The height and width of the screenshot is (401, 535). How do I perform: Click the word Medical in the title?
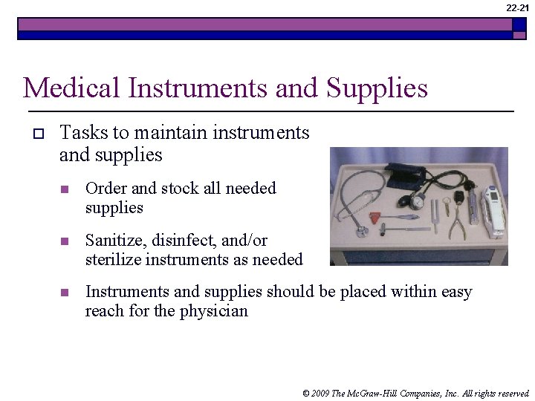tap(72, 88)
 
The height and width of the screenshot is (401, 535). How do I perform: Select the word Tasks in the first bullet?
tap(82, 133)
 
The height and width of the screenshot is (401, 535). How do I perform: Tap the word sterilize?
tap(113, 260)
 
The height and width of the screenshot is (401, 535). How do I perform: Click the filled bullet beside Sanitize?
tap(65, 241)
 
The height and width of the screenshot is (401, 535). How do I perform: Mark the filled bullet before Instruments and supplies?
tap(65, 293)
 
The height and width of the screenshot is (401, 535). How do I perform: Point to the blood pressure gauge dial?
tap(418, 202)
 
